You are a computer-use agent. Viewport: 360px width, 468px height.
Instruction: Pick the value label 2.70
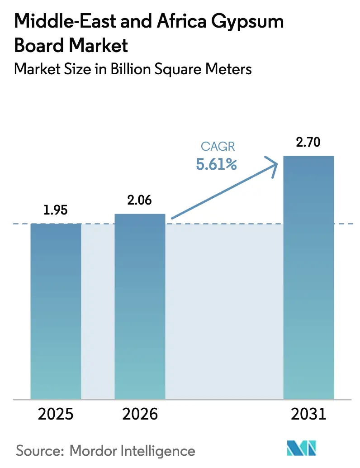308,143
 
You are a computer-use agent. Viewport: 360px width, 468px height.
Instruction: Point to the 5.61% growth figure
216,164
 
